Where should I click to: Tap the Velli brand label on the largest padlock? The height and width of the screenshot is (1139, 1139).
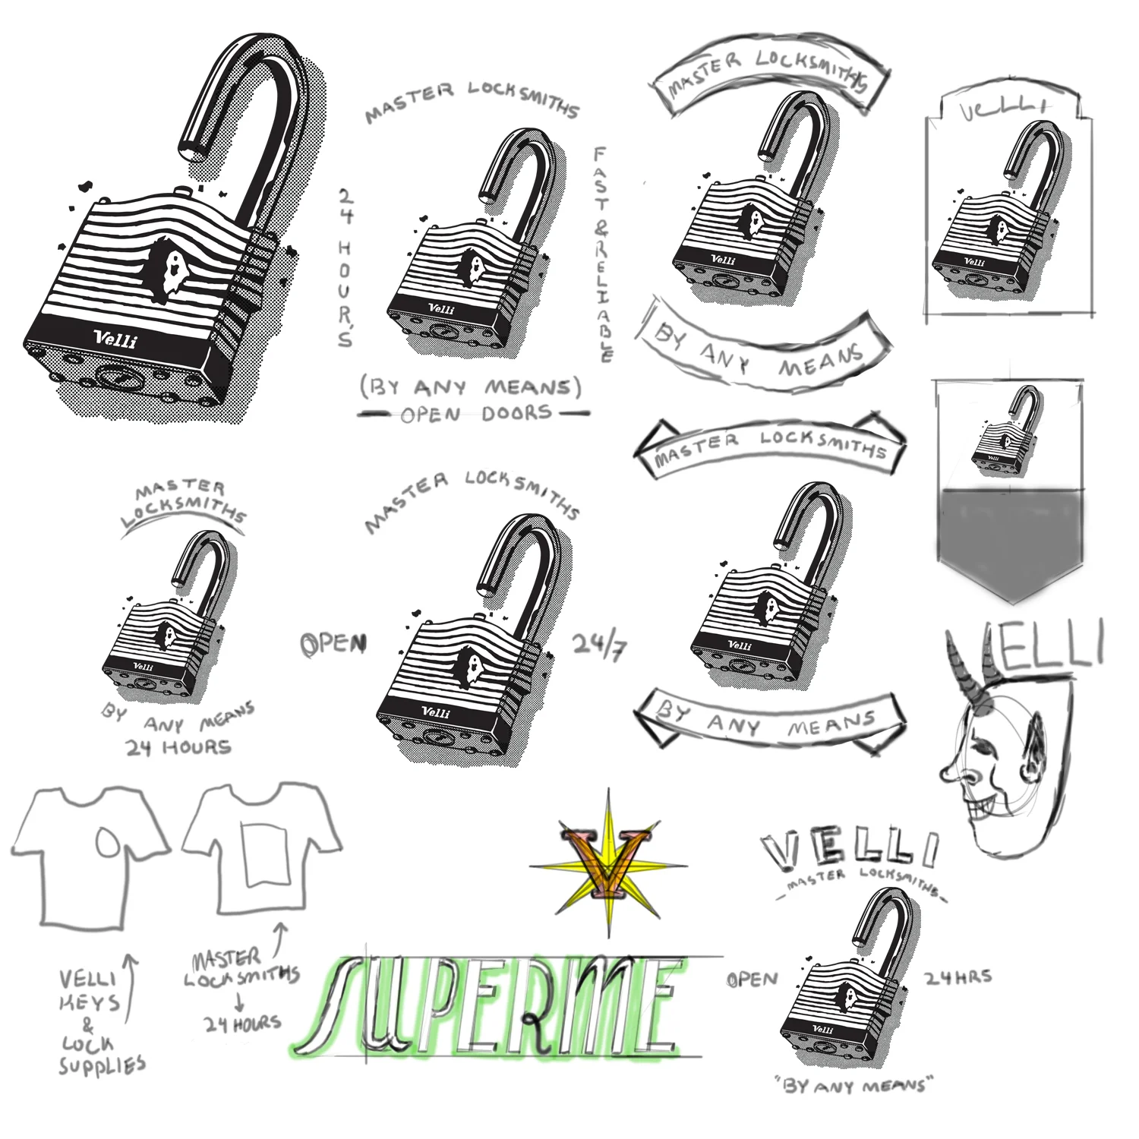(x=115, y=339)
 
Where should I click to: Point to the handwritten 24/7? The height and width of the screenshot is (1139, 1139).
(x=598, y=647)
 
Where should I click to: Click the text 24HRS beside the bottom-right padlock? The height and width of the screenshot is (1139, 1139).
(x=958, y=977)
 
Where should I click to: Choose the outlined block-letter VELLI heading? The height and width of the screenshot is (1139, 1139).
(x=850, y=850)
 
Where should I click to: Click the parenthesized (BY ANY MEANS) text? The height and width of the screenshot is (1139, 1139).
(x=471, y=387)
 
